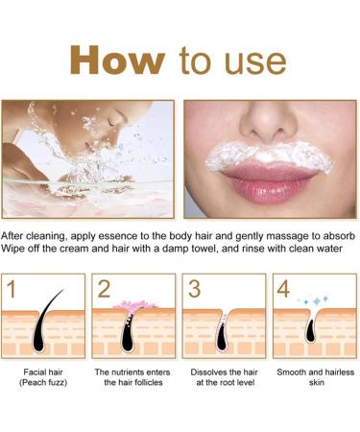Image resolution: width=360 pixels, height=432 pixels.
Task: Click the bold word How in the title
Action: [x=117, y=60]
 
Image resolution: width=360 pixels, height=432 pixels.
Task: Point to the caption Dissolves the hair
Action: [x=224, y=375]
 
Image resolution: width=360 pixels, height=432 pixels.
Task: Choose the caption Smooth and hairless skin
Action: [x=313, y=375]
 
